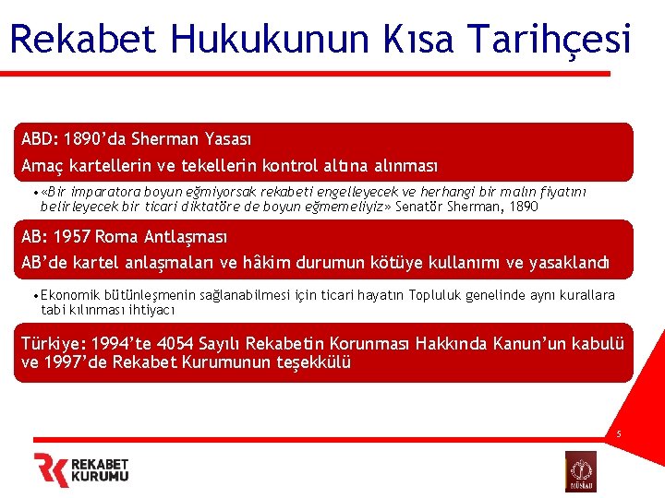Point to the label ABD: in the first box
coord(41,139)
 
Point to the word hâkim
coord(274,263)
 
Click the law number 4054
coord(186,344)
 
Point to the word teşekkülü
coord(315,362)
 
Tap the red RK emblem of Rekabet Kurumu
coord(52,469)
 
